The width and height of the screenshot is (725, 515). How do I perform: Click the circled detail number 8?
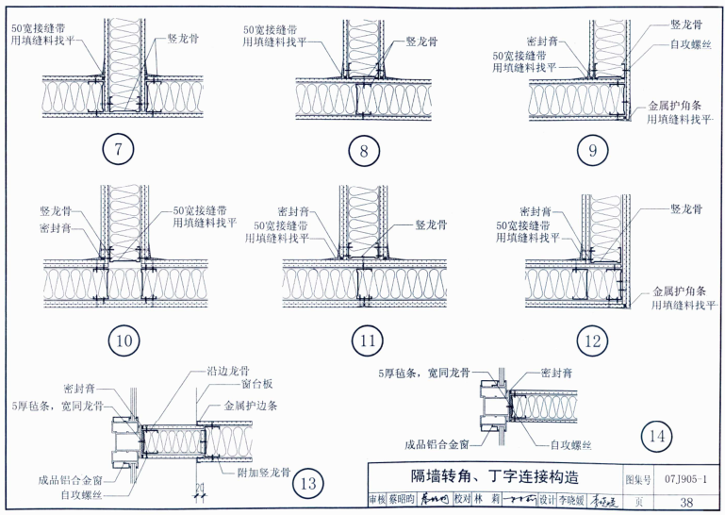[363, 150]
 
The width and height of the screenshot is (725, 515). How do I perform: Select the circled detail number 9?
[591, 148]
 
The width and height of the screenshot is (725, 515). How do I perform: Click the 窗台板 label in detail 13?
[230, 386]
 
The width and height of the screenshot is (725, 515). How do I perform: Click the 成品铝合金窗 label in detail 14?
[437, 442]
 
